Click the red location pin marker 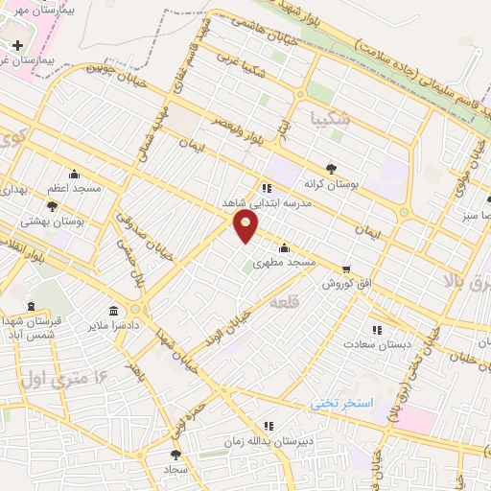pos(246,225)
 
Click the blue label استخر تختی pos(340,403)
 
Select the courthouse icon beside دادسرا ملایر pos(115,312)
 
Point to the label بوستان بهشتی pos(80,221)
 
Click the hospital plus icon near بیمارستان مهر pos(17,44)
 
